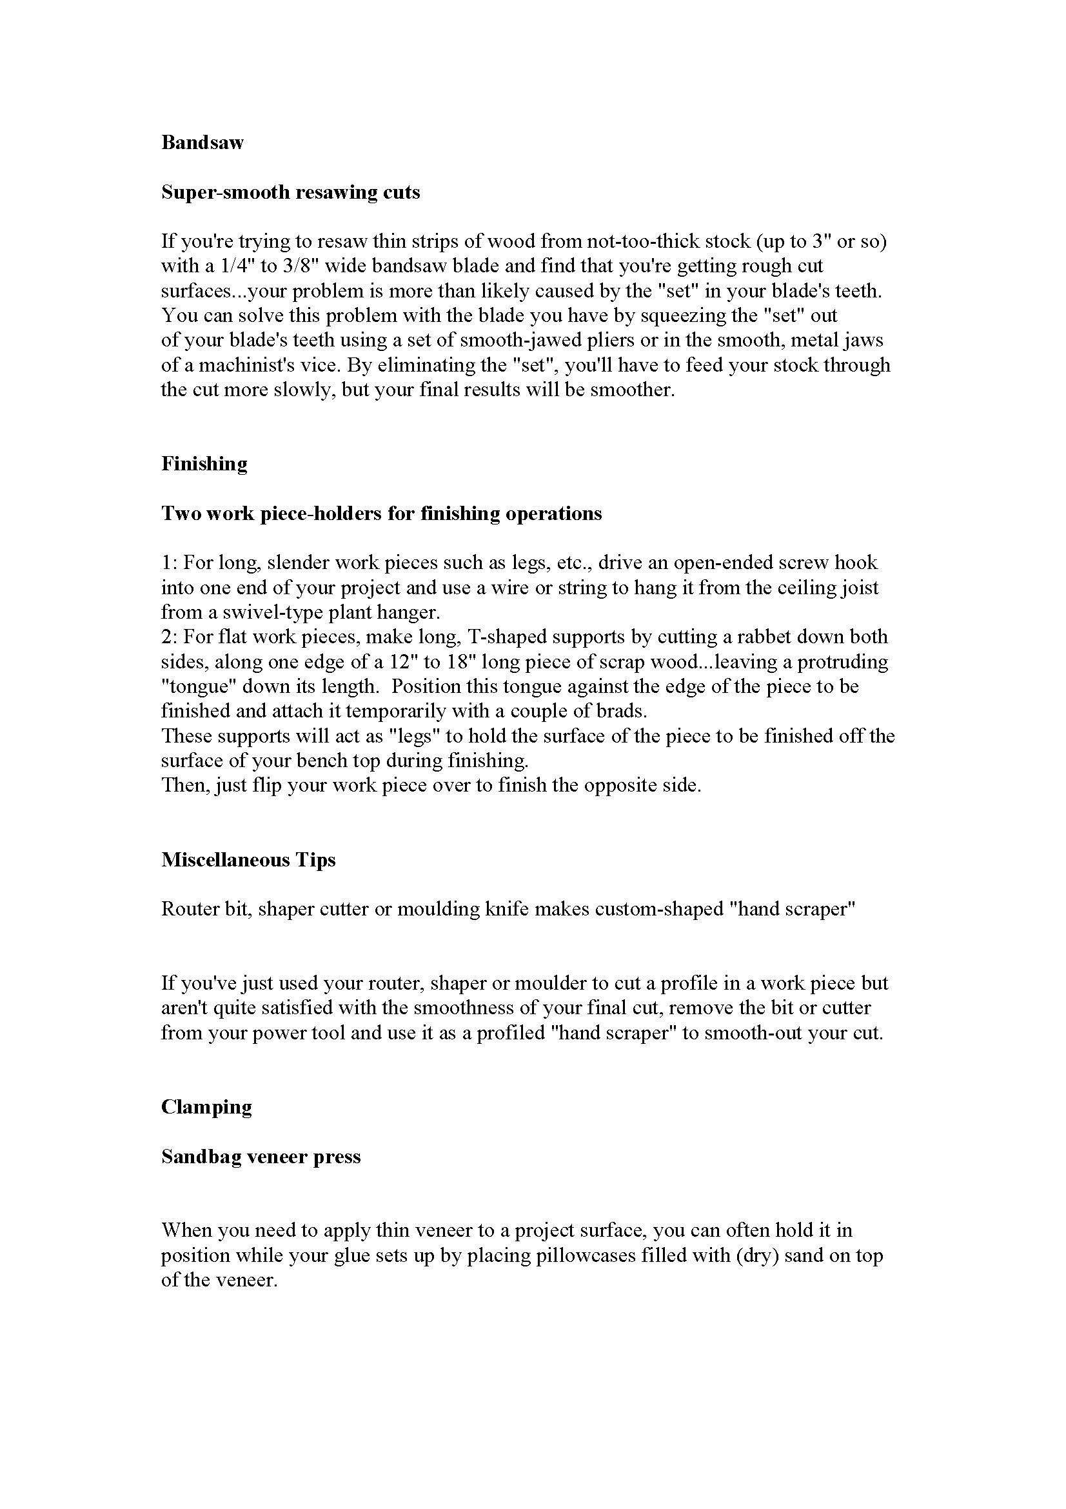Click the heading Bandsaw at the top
(202, 143)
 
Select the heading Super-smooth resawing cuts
(290, 192)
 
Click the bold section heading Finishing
(204, 464)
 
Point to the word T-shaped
(504, 637)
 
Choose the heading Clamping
(206, 1108)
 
